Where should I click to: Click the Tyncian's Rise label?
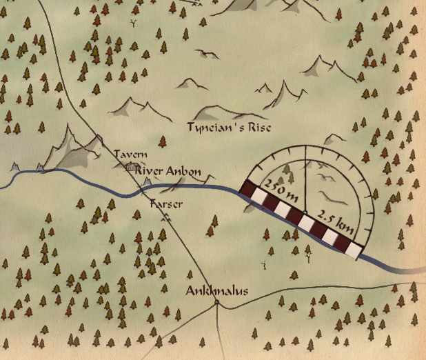coord(230,128)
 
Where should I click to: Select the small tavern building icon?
coord(130,166)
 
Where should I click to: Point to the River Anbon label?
coord(168,170)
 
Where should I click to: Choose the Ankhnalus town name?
coord(216,290)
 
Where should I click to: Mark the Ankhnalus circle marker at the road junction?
coord(216,302)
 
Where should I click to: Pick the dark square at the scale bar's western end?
coord(248,187)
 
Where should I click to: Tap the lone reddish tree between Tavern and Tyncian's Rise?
coord(163,142)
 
